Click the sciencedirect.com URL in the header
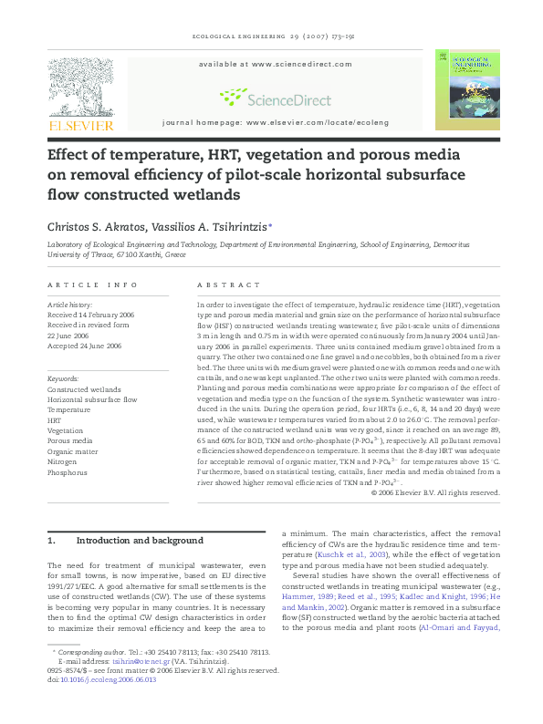[x=301, y=65]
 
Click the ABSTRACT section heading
[x=219, y=284]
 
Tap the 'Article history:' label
[x=69, y=304]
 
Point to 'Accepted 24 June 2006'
[x=84, y=346]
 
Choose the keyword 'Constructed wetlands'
[x=84, y=388]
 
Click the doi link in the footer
[x=101, y=679]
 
